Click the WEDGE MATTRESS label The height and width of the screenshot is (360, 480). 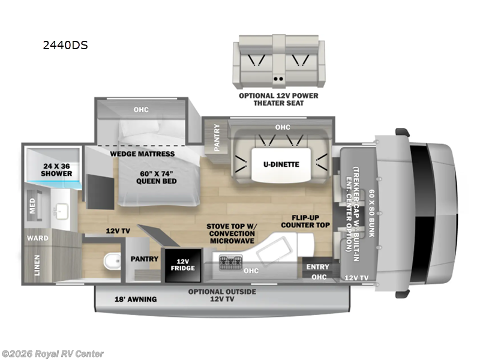click(142, 154)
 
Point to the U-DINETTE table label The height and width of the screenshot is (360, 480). click(281, 163)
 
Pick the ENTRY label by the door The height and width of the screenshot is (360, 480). click(317, 267)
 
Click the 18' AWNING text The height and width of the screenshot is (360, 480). click(136, 299)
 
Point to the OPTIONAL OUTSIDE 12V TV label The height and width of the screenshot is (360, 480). click(222, 295)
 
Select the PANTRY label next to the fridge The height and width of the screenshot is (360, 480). click(145, 259)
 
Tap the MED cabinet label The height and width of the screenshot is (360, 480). click(33, 206)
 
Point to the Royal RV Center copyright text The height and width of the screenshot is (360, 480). click(53, 354)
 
